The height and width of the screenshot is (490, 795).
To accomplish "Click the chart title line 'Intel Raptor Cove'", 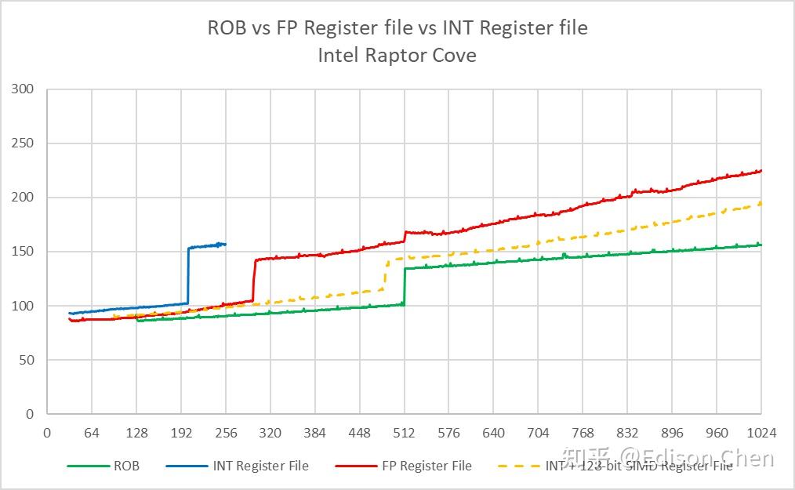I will click(x=397, y=56).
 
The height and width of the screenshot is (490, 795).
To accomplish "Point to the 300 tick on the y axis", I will click(x=23, y=89).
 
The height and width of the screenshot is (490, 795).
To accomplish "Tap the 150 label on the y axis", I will click(x=23, y=252).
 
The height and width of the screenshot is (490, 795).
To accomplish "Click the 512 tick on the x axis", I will click(x=404, y=433).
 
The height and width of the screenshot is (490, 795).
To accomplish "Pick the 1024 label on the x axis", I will click(x=761, y=433).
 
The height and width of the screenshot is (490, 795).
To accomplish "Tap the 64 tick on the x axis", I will click(x=92, y=433).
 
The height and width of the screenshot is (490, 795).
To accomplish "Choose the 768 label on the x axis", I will click(x=583, y=433).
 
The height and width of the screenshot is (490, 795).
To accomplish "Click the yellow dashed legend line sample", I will click(x=517, y=466).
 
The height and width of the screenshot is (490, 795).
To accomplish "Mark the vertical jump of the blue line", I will click(x=188, y=274).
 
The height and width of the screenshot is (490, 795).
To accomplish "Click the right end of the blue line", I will click(x=225, y=244).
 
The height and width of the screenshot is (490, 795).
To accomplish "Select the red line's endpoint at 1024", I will click(x=761, y=171).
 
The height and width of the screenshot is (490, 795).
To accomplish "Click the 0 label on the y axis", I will click(x=30, y=414).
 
